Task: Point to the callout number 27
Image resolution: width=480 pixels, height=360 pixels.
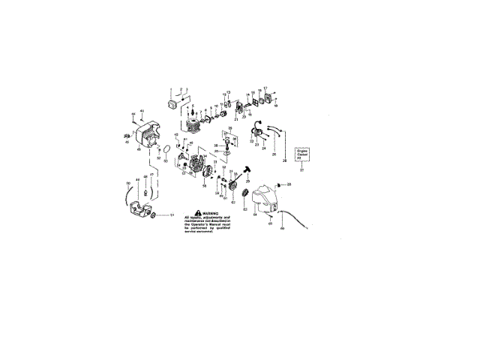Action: (x=302, y=170)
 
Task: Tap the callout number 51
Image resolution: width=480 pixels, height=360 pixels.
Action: (x=171, y=215)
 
